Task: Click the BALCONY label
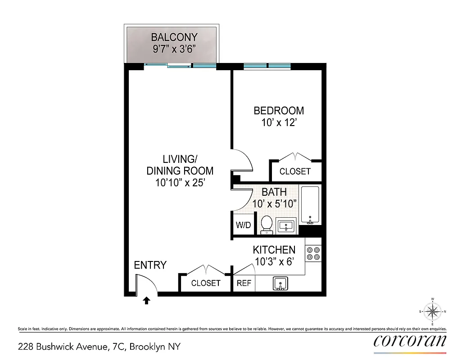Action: pyautogui.click(x=174, y=37)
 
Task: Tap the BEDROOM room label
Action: pyautogui.click(x=279, y=111)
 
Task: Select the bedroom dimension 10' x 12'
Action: pyautogui.click(x=279, y=122)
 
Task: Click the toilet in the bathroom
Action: pyautogui.click(x=267, y=225)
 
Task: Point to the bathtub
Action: pyautogui.click(x=310, y=205)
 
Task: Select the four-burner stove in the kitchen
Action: pyautogui.click(x=313, y=254)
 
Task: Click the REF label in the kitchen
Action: pyautogui.click(x=244, y=283)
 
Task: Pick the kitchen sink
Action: pyautogui.click(x=281, y=283)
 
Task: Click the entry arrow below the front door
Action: pyautogui.click(x=146, y=301)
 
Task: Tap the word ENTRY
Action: pyautogui.click(x=150, y=265)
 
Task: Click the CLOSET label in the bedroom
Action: pyautogui.click(x=295, y=171)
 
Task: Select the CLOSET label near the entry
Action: pyautogui.click(x=206, y=283)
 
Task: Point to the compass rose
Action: pyautogui.click(x=432, y=311)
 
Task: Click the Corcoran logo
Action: pyautogui.click(x=410, y=341)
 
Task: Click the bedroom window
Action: pyautogui.click(x=267, y=67)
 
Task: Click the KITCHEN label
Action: pyautogui.click(x=274, y=250)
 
